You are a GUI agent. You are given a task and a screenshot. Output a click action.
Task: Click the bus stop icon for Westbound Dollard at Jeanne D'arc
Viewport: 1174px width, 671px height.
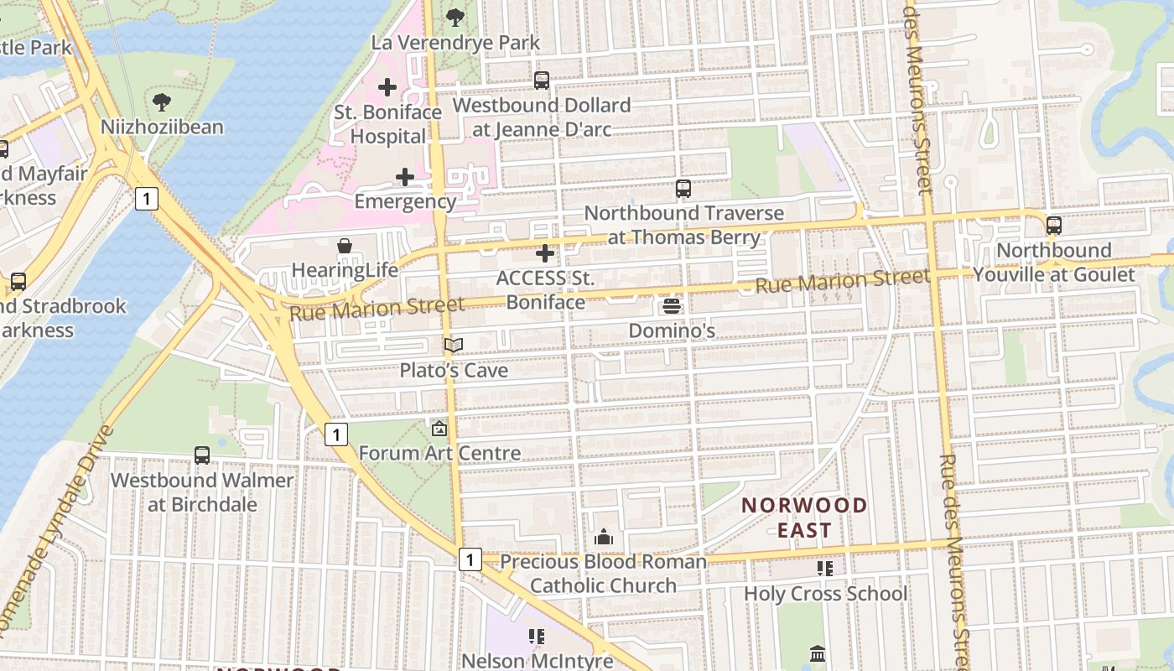coord(542,81)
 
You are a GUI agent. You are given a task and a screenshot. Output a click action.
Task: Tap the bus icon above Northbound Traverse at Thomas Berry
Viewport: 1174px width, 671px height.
coord(683,189)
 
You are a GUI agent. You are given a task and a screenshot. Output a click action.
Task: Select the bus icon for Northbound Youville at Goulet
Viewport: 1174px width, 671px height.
coord(1054,225)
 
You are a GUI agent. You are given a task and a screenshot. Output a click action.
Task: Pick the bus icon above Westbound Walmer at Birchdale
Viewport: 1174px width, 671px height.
coord(202,455)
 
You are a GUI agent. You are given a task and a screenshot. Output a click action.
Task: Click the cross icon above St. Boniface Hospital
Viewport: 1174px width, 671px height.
coord(387,86)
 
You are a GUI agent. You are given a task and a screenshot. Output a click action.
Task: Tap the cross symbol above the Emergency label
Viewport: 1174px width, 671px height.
coord(405,177)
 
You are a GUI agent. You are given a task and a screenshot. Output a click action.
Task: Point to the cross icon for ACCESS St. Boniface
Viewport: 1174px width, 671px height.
coord(545,252)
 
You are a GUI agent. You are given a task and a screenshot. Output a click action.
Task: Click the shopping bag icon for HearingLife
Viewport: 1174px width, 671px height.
coord(345,246)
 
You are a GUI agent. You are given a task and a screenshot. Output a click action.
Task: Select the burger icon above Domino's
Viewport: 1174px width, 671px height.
coord(671,306)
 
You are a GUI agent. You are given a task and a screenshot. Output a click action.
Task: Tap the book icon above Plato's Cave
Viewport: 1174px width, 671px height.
coord(454,345)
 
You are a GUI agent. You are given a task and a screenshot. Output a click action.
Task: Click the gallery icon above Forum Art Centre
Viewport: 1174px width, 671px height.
coord(439,429)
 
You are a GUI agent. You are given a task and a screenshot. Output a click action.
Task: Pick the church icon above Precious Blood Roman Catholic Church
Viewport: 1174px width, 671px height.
coord(604,537)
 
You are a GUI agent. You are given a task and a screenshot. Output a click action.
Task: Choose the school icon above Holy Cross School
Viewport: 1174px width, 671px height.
coord(825,569)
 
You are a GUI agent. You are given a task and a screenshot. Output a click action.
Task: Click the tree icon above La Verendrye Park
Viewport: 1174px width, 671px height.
coord(455,16)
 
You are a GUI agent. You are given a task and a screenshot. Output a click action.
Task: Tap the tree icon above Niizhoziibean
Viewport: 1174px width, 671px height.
coord(162,102)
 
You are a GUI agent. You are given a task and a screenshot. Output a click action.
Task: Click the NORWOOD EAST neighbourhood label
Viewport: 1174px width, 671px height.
coord(804,517)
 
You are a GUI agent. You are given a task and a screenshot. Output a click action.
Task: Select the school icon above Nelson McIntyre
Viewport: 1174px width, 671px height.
coord(537,637)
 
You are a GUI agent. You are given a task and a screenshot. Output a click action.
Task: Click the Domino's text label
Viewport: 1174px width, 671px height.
coord(672,330)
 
